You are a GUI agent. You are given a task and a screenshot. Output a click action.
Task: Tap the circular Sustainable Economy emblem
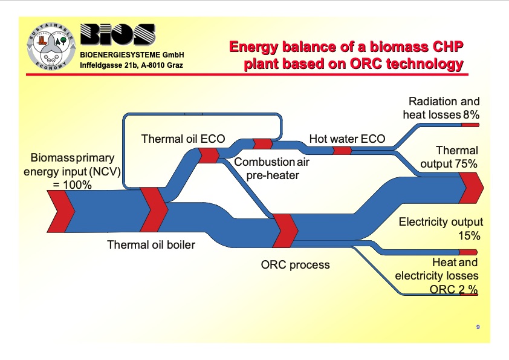tap(51, 47)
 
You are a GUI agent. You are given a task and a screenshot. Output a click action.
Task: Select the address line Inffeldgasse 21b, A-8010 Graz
tap(132, 65)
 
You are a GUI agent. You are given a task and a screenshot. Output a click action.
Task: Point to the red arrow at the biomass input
tap(61, 211)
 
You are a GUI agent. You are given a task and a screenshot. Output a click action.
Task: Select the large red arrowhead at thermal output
tap(471, 188)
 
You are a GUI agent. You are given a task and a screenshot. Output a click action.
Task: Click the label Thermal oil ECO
tap(183, 139)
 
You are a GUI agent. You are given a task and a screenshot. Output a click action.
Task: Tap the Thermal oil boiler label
tap(151, 245)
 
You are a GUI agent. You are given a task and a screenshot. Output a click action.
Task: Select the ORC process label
tap(295, 264)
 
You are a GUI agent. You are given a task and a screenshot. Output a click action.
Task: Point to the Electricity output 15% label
tap(441, 229)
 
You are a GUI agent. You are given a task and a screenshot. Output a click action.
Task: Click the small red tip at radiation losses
tap(470, 125)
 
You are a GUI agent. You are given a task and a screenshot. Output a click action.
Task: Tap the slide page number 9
tap(478, 327)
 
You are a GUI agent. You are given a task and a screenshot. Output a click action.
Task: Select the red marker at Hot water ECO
tap(342, 150)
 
